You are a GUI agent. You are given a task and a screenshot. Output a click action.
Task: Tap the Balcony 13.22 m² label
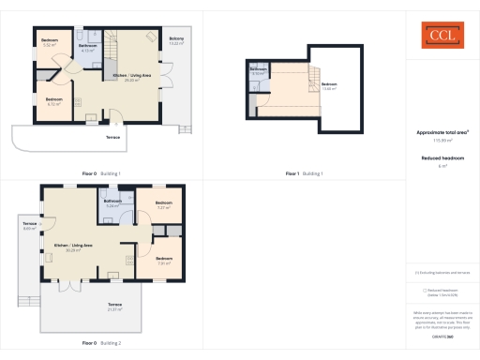tap(176, 41)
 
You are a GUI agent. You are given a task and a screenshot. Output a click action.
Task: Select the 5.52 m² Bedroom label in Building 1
tap(49, 43)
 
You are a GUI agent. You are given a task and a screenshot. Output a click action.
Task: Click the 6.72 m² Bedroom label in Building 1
tap(53, 101)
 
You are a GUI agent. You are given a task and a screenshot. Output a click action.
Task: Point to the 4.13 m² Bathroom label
tap(87, 48)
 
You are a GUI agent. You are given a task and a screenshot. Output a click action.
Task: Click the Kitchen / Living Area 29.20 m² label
tap(131, 77)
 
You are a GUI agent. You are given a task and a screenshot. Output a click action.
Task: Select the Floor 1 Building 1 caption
tap(305, 173)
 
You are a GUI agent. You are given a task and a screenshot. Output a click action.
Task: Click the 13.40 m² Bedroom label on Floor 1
tap(329, 85)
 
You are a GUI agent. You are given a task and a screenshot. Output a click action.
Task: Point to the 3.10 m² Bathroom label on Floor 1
tap(258, 71)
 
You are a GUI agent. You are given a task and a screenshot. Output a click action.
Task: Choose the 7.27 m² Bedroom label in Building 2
tap(163, 204)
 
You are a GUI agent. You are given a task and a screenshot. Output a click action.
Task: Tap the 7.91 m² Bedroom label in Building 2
tap(163, 261)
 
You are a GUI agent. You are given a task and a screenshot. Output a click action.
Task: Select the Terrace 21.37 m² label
tap(114, 307)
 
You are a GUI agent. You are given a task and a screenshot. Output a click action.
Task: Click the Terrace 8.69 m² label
tap(29, 226)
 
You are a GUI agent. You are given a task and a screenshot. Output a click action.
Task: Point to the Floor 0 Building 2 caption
tap(101, 344)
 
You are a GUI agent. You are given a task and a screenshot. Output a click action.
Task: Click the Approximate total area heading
tap(442, 132)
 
